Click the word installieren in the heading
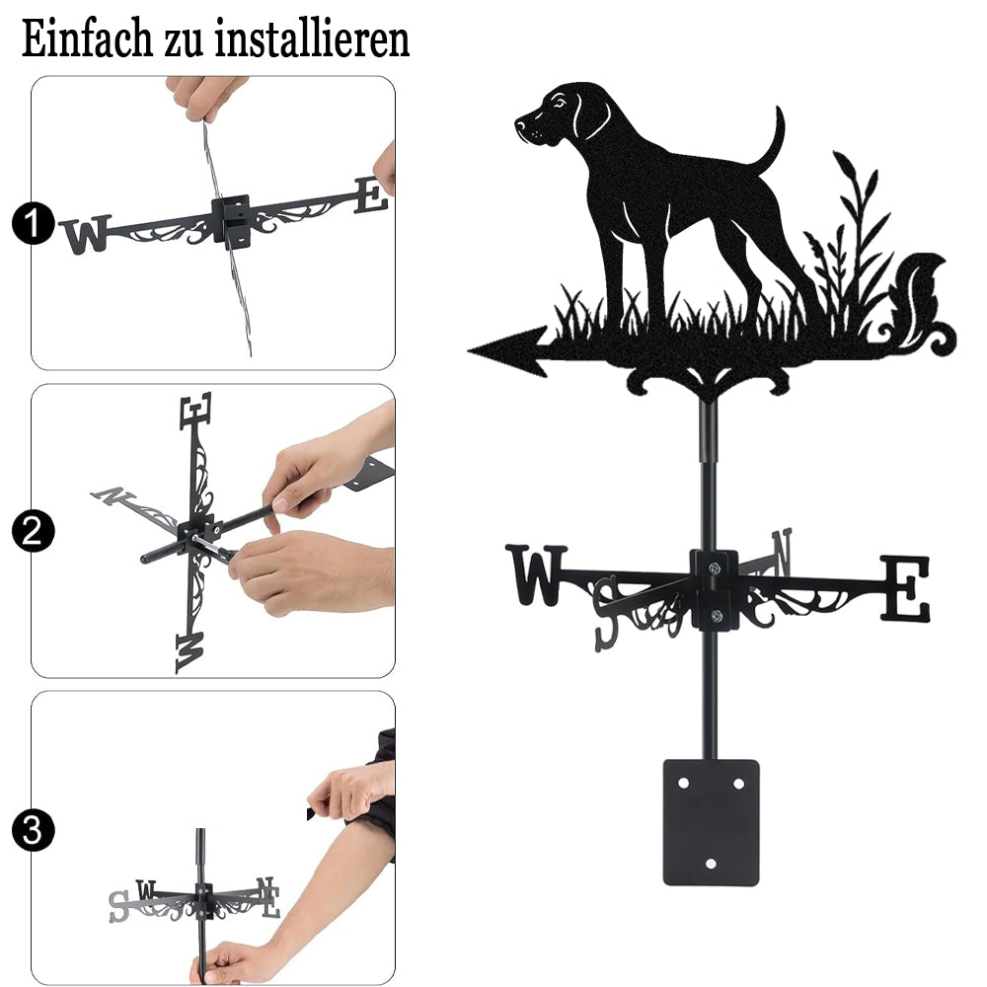click(x=312, y=38)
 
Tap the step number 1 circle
click(x=33, y=224)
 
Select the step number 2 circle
click(x=33, y=531)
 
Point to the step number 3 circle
click(x=33, y=830)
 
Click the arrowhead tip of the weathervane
click(x=470, y=350)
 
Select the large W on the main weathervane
click(x=536, y=575)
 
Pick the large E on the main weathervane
click(x=905, y=588)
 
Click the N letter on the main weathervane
click(x=782, y=552)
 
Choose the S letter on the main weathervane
click(x=607, y=614)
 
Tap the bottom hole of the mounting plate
click(x=711, y=864)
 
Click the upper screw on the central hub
click(x=714, y=569)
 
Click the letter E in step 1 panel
click(x=371, y=195)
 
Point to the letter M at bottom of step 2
click(x=190, y=652)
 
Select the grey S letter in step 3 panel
click(x=117, y=906)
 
